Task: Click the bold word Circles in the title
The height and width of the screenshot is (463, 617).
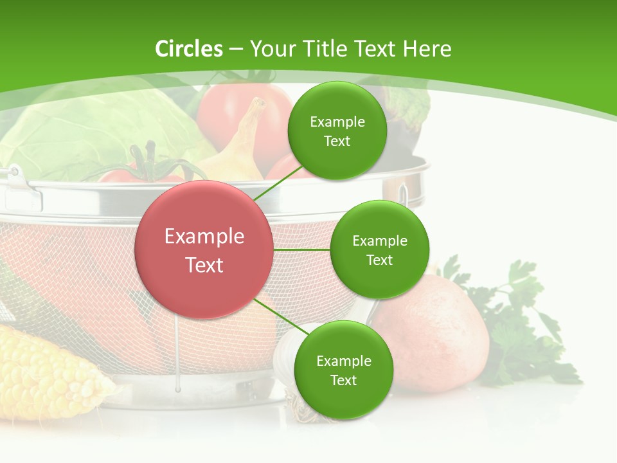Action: (x=189, y=49)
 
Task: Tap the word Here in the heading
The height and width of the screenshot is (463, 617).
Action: (x=427, y=49)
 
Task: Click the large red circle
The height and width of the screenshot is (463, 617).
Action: (x=204, y=250)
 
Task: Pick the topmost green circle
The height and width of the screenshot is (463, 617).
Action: (x=337, y=131)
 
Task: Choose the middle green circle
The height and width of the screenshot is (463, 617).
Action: (x=379, y=250)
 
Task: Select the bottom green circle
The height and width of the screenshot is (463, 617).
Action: (x=343, y=370)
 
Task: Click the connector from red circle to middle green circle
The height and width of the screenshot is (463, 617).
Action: (x=302, y=250)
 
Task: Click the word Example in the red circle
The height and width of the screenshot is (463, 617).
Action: (x=204, y=237)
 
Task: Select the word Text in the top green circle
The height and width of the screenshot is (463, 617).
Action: (x=337, y=141)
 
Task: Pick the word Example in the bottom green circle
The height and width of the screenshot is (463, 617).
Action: (x=343, y=361)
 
